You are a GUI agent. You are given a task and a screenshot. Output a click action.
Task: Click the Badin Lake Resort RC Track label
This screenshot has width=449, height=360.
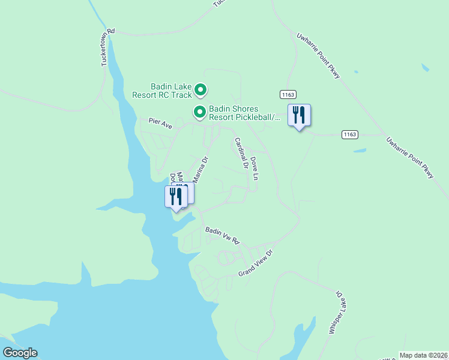click(x=162, y=91)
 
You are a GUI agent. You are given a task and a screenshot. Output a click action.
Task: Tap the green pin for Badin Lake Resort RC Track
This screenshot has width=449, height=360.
click(x=200, y=91)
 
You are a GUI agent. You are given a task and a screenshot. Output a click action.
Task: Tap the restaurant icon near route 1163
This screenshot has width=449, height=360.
click(x=299, y=115)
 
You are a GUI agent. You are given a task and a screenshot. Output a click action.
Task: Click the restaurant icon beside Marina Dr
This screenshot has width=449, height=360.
click(x=175, y=196)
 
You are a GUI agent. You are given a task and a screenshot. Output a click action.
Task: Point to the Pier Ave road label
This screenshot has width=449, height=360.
click(x=160, y=123)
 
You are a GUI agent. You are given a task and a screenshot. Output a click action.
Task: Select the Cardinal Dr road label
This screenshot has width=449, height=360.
click(x=241, y=154)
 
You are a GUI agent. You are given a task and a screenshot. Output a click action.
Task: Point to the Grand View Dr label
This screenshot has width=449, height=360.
click(x=255, y=263)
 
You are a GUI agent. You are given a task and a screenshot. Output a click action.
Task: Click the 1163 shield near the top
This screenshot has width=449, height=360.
click(x=288, y=95)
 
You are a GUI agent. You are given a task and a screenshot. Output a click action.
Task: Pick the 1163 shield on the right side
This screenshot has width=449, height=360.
click(x=351, y=134)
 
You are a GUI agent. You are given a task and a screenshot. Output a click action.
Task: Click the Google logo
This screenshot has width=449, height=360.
click(x=20, y=353)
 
